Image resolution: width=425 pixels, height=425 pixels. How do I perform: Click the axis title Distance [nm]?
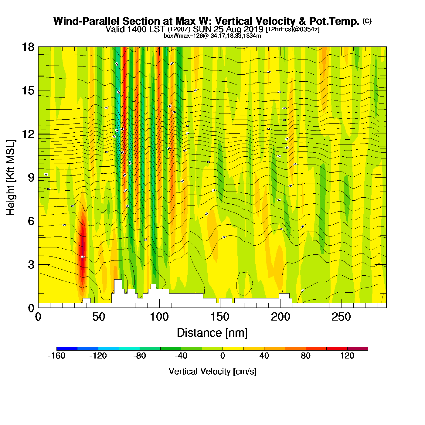point(212,333)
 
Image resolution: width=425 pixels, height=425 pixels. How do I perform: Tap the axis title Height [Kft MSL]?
point(11,178)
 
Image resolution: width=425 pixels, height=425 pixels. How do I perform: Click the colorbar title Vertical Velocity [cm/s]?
point(212,371)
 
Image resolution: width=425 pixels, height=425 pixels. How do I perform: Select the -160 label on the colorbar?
point(56,356)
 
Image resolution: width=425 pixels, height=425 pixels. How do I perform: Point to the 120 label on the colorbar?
point(347,356)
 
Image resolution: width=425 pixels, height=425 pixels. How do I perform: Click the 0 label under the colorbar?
point(223,356)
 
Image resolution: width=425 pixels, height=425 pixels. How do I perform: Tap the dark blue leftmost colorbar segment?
point(67,349)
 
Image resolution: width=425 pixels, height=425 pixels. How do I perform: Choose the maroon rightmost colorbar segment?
point(358,349)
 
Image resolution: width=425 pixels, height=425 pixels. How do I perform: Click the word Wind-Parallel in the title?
point(86,21)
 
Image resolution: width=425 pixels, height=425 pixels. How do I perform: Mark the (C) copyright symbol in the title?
point(367,21)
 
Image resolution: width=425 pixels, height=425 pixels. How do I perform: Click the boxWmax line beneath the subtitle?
point(212,36)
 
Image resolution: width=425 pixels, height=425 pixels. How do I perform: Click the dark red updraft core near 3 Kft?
point(83,249)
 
